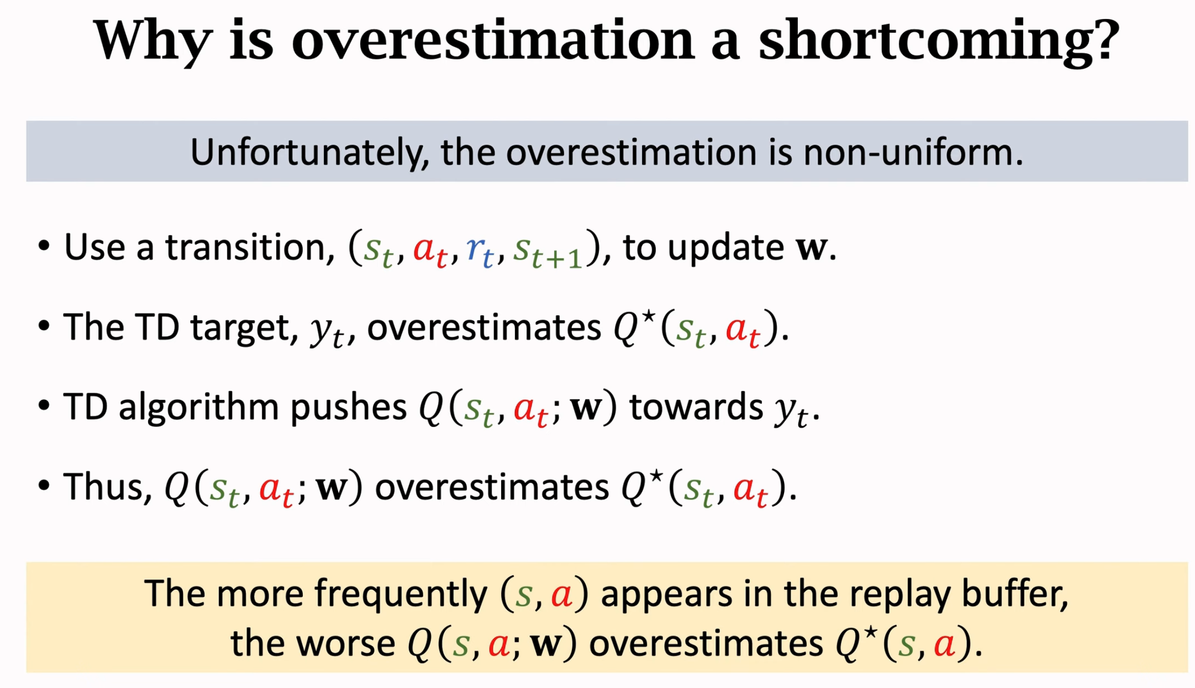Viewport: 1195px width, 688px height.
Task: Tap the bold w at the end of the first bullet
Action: point(812,248)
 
